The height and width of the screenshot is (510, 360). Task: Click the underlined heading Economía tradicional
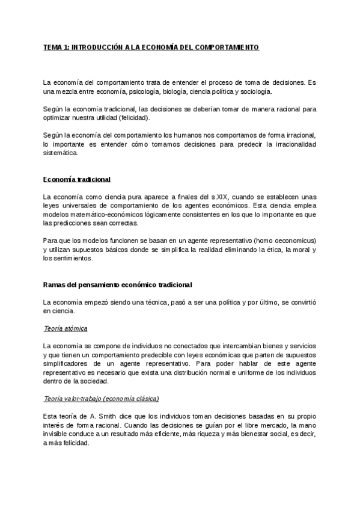[x=77, y=179]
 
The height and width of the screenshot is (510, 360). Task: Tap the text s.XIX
[x=213, y=197]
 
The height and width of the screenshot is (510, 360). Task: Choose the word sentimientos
[x=72, y=258]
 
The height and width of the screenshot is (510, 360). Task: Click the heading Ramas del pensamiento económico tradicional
[x=118, y=284]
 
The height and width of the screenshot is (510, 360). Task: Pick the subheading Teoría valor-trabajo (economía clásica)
[x=102, y=399]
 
